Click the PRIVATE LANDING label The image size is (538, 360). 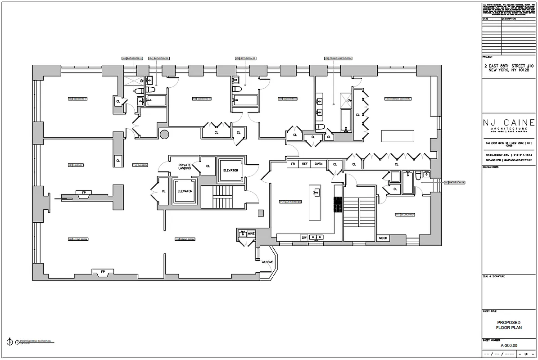click(185, 166)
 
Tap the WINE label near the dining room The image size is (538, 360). click(251, 234)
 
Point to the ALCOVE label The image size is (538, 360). click(267, 262)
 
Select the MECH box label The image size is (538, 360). click(383, 238)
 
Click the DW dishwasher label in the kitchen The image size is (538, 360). click(304, 237)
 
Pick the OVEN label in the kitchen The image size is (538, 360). click(319, 164)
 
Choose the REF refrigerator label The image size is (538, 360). click(305, 164)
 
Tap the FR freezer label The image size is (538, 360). click(293, 164)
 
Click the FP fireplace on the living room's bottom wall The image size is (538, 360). click(103, 272)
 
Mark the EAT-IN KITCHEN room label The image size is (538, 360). click(290, 202)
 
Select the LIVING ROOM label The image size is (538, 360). click(77, 239)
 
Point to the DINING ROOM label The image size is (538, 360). click(185, 239)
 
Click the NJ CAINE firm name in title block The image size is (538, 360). click(508, 123)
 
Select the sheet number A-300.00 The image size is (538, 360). click(508, 345)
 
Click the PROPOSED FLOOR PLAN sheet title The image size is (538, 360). click(508, 325)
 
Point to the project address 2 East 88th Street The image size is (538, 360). click(508, 68)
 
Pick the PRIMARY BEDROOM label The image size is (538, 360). click(393, 99)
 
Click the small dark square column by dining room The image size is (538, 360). click(260, 213)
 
